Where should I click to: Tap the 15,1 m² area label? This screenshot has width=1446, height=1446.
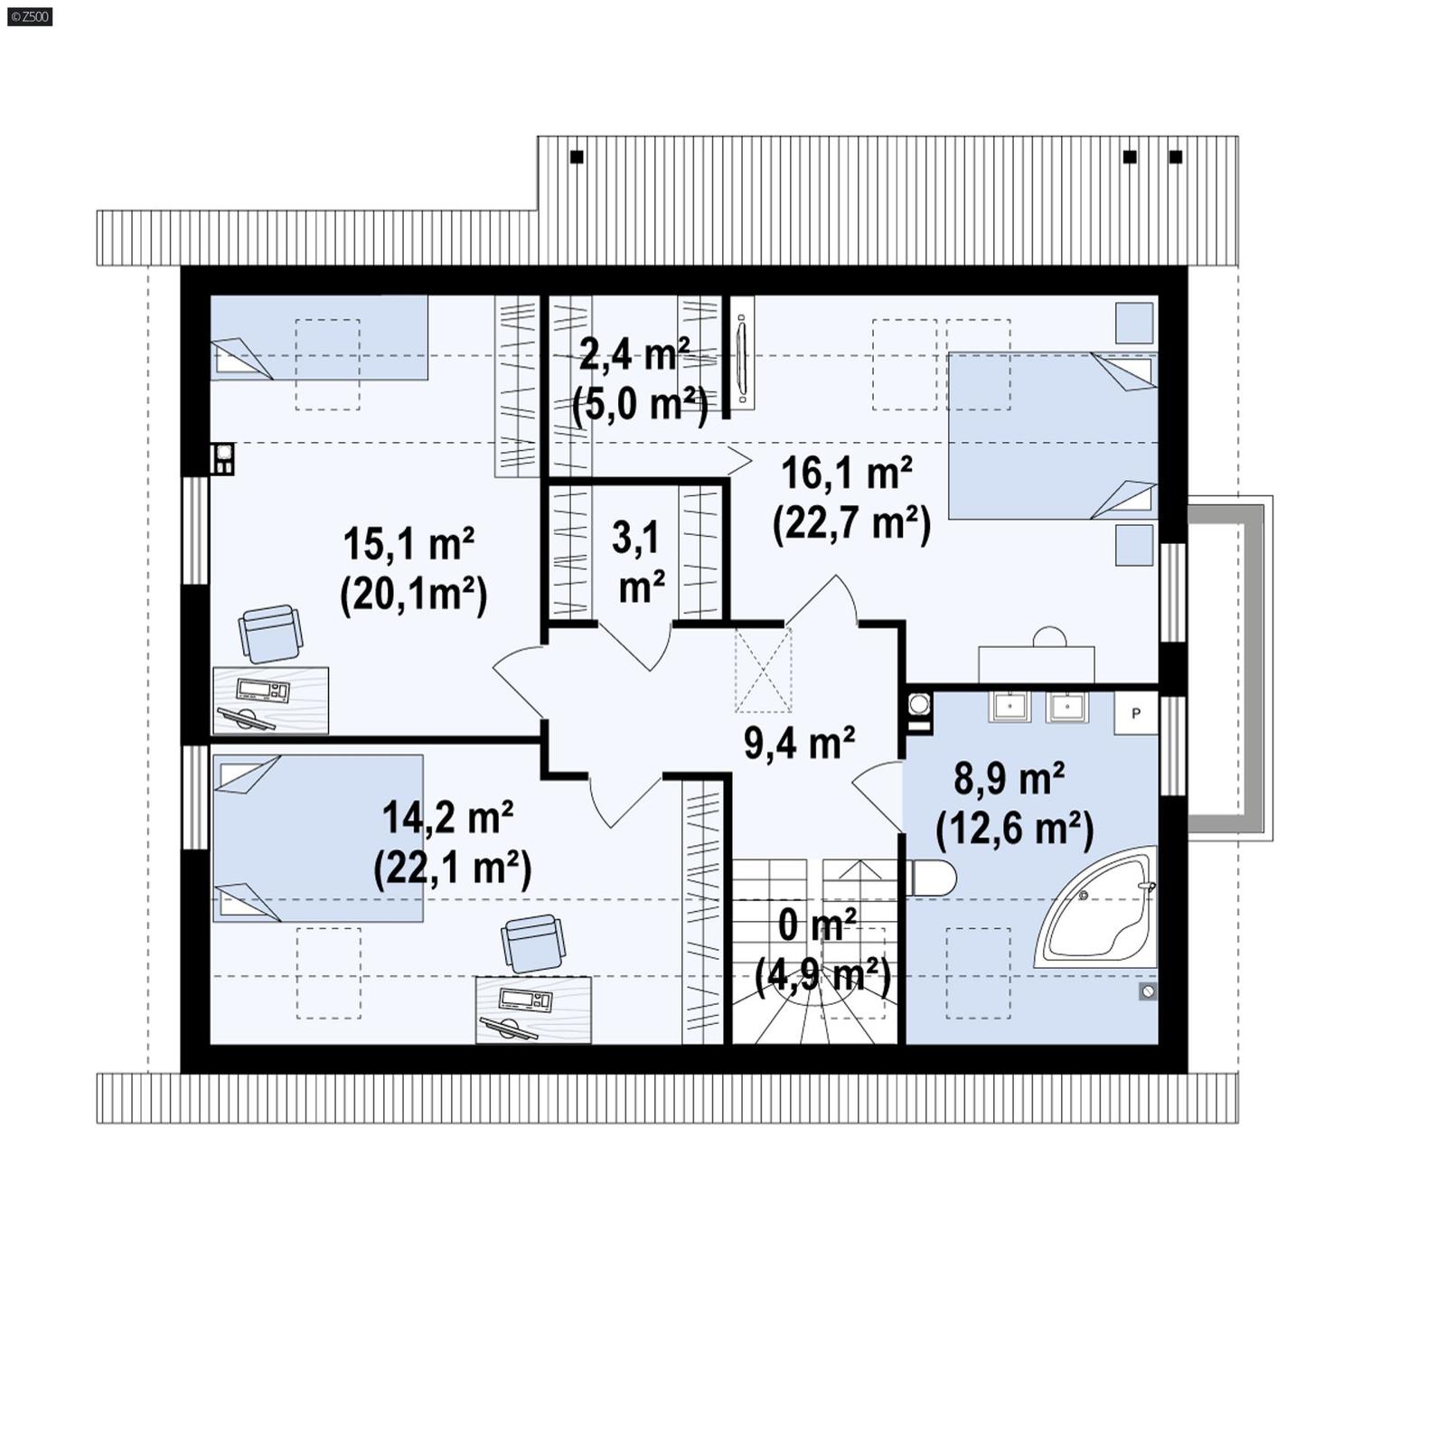point(408,545)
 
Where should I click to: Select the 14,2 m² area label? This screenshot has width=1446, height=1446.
point(448,818)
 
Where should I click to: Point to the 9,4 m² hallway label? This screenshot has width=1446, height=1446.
point(799,743)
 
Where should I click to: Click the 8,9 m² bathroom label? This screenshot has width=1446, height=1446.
point(1009,778)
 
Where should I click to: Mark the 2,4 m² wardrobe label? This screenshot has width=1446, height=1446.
point(634,355)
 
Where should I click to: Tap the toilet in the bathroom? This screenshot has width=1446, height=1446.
point(931,877)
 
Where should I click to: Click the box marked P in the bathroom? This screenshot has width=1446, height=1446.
point(1135,713)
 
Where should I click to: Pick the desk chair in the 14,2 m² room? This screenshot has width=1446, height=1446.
point(531,943)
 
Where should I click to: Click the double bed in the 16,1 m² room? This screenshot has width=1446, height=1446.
point(1051,436)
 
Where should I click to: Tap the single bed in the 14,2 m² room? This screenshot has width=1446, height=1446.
point(318,838)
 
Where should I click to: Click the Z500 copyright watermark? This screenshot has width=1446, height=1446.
point(30,16)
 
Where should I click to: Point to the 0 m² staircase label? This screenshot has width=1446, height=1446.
point(816,926)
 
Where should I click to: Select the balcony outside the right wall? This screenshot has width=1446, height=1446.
point(1229,667)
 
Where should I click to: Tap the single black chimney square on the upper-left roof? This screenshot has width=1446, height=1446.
point(577,157)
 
